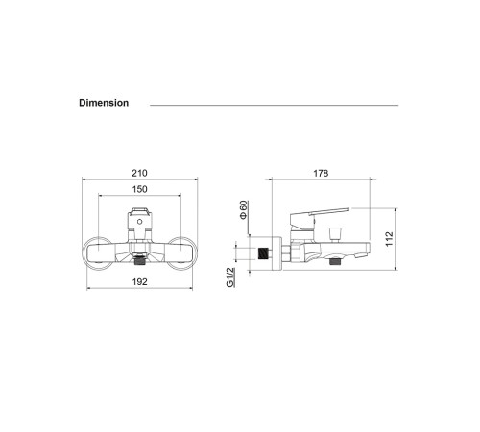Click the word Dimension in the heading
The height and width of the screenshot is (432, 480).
104,103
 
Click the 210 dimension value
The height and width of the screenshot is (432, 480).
139,174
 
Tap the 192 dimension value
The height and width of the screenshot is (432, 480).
139,283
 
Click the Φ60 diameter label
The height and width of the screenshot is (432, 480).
244,209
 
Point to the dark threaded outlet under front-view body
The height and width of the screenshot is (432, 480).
140,259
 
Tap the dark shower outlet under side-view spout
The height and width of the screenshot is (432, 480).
334,260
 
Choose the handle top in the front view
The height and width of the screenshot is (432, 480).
139,209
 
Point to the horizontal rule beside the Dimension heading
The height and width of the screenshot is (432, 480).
274,104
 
